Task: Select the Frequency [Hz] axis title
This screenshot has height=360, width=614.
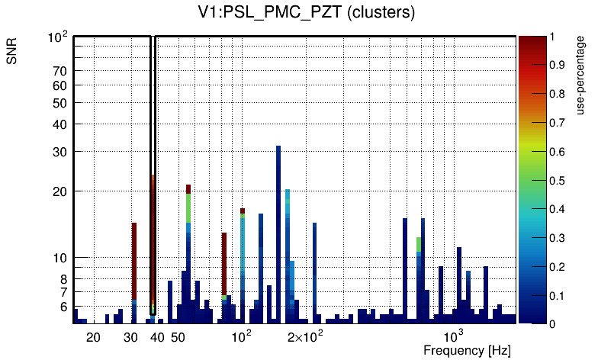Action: click(467, 350)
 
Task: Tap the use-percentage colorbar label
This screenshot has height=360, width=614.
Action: click(580, 77)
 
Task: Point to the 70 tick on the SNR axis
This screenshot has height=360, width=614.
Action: click(59, 71)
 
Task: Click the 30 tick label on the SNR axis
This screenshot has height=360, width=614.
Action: click(59, 152)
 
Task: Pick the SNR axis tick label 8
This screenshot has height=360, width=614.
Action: click(63, 279)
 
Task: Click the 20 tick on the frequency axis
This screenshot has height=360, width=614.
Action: click(93, 337)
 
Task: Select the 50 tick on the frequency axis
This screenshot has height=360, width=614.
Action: click(177, 337)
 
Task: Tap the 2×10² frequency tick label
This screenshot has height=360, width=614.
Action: click(306, 336)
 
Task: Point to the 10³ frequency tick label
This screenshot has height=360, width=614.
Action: click(454, 336)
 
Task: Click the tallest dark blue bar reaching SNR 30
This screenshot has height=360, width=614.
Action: click(278, 229)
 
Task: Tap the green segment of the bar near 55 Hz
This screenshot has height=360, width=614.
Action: click(188, 207)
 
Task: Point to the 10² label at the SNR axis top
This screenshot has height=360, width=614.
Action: click(58, 37)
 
